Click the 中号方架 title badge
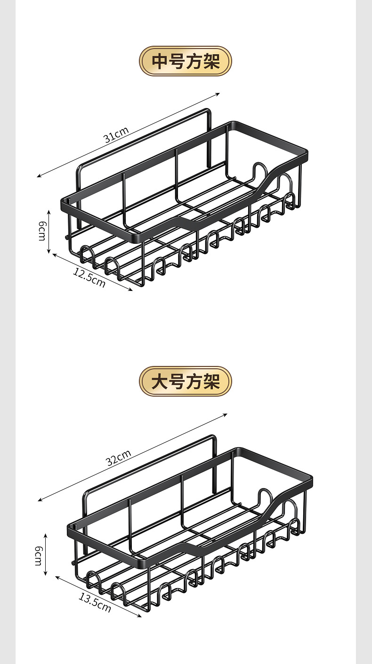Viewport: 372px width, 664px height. click(186, 61)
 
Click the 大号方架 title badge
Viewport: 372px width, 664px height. click(186, 382)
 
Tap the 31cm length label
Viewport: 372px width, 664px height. click(116, 135)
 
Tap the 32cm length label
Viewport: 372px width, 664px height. click(118, 457)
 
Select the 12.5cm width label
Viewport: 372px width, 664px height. click(89, 277)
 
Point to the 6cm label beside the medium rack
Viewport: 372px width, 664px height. click(41, 230)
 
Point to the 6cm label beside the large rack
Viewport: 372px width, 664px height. click(38, 555)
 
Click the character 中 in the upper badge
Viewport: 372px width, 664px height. click(159, 61)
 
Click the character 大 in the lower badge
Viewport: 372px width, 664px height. click(159, 382)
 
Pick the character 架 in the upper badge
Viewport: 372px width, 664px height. click(212, 61)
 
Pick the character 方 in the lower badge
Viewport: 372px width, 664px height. click(194, 382)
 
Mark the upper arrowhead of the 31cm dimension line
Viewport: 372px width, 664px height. click(218, 94)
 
